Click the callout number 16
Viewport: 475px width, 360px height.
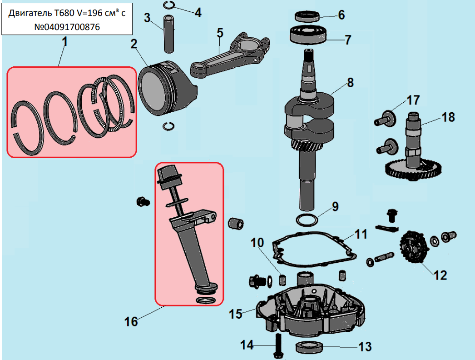(131, 321)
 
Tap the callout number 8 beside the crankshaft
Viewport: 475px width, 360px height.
(350, 82)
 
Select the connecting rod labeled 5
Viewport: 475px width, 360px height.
(230, 55)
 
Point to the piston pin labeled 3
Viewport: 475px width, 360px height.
(169, 34)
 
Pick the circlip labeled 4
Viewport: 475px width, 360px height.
(169, 5)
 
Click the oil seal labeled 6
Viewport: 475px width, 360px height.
(307, 16)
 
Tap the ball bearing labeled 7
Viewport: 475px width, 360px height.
(308, 35)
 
